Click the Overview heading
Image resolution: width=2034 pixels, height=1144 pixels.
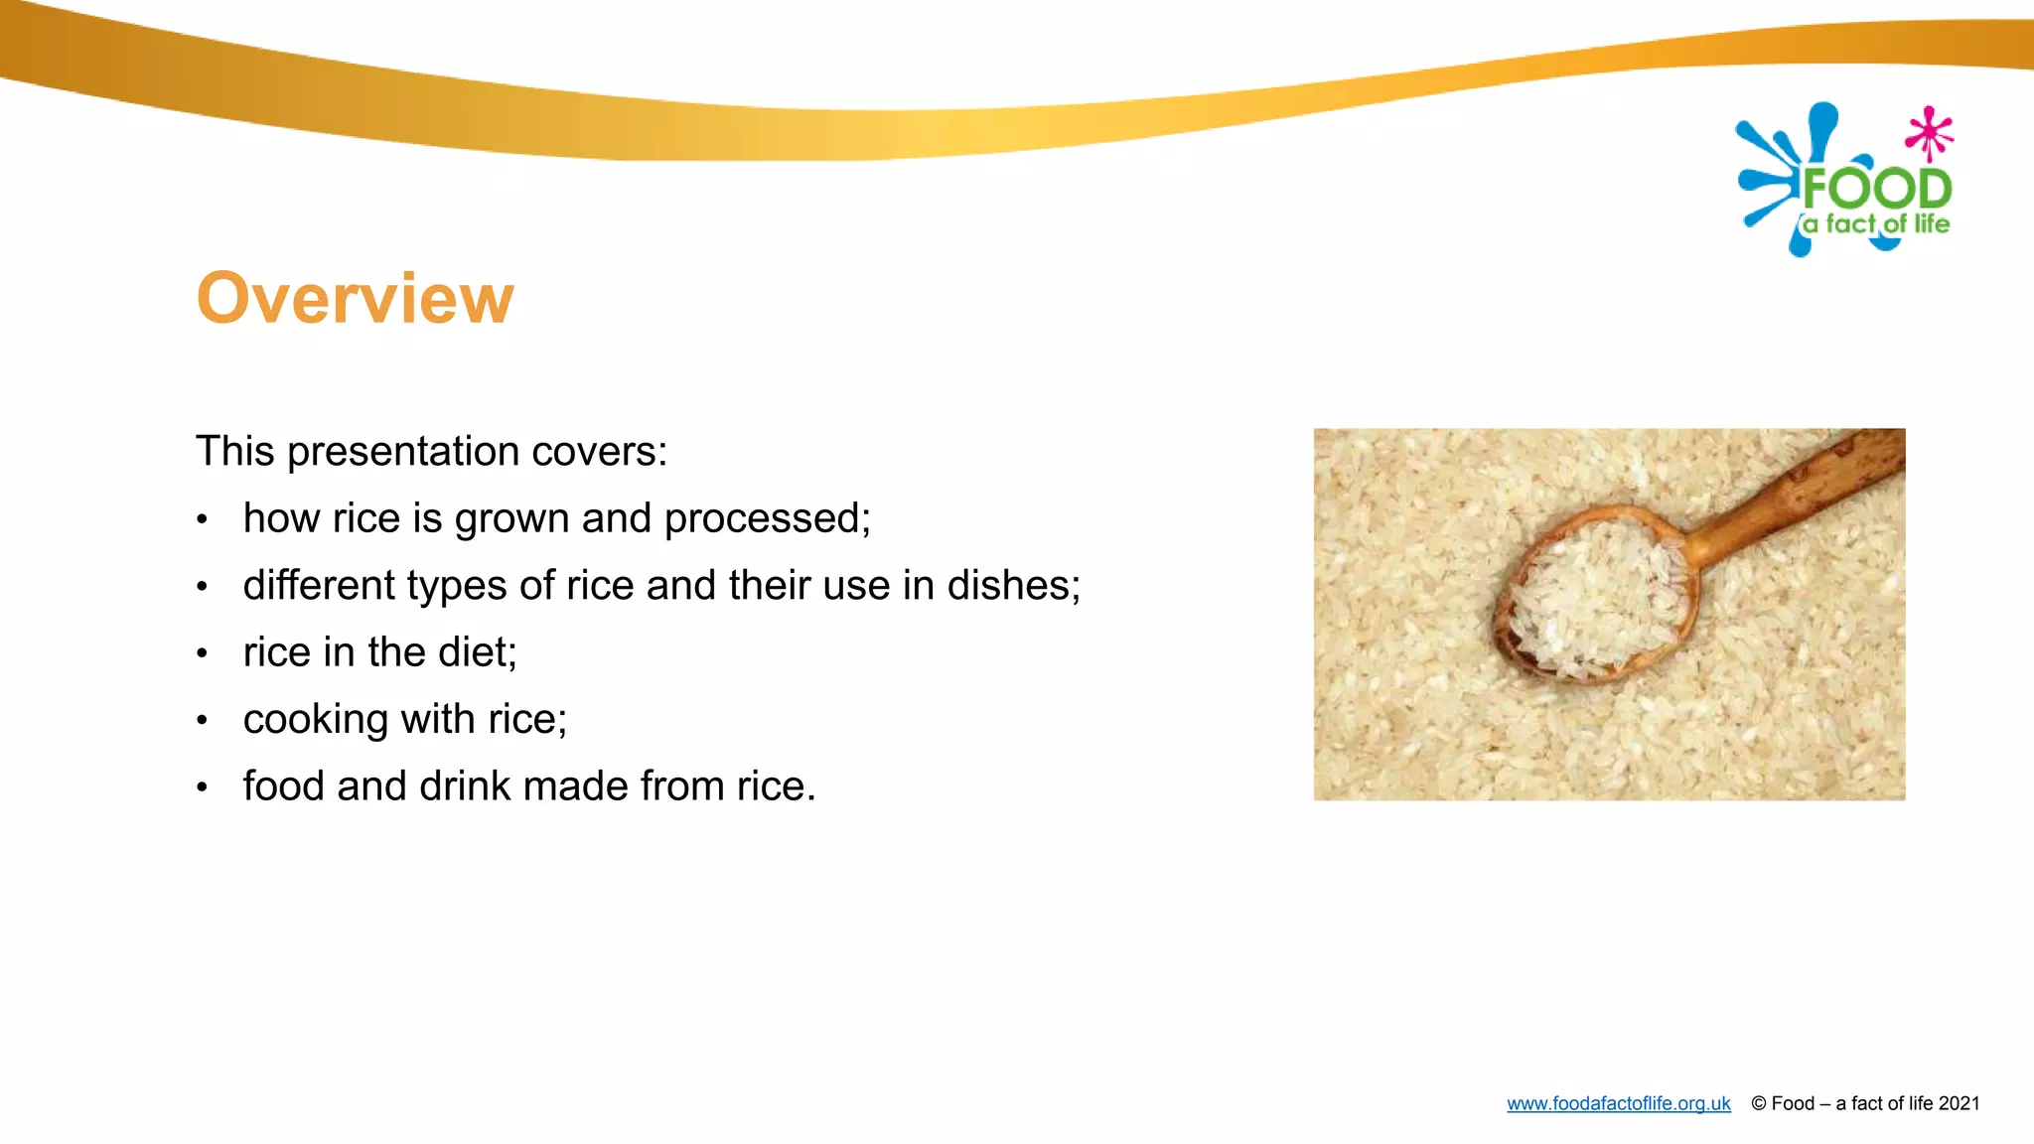355,298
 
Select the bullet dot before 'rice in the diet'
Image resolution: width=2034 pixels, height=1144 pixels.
202,653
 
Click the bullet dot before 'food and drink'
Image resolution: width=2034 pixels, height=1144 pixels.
202,787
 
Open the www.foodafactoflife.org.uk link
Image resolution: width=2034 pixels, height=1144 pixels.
1618,1103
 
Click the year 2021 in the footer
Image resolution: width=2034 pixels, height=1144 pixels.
1959,1103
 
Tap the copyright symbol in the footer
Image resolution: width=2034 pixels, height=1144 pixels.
1758,1103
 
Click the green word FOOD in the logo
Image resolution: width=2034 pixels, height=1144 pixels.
1876,189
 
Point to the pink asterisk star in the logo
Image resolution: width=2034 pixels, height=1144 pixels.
1929,133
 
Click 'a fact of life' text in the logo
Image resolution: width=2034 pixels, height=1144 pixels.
1876,224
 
